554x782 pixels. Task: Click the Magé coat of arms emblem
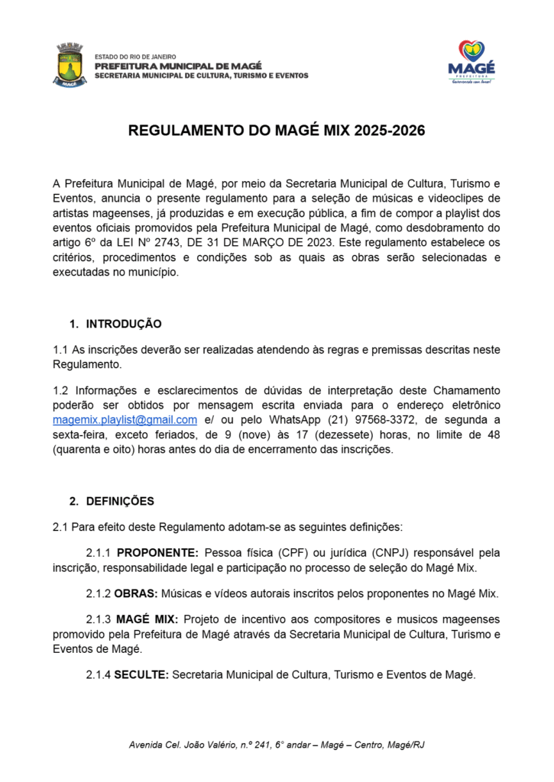(x=70, y=65)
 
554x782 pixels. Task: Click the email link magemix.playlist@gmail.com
(x=125, y=420)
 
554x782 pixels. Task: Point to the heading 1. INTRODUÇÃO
(x=116, y=324)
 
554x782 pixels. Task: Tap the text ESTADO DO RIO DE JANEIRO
(x=135, y=57)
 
